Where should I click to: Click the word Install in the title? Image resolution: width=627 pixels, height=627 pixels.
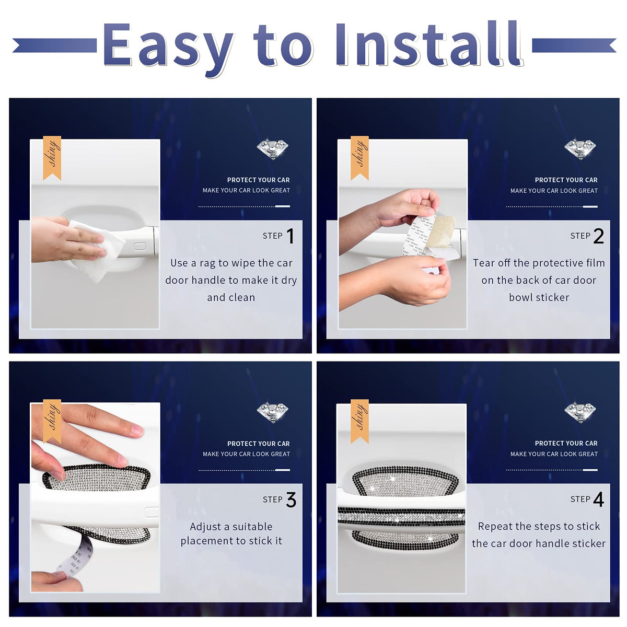tap(429, 44)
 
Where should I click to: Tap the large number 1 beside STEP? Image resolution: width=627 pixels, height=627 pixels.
tap(290, 236)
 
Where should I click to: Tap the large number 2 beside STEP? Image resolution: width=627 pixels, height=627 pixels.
tap(598, 236)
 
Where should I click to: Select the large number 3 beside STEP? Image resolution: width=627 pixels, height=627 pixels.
tap(291, 500)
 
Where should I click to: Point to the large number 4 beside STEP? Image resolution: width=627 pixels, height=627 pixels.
tap(598, 500)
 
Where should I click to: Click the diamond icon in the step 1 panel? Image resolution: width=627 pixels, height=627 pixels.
tap(273, 149)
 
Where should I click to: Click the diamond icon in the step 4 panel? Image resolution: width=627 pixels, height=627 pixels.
tap(580, 413)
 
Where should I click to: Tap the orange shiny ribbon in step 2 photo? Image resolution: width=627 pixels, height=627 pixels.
tap(359, 158)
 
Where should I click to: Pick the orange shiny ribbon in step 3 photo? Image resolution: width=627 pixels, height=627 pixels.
tap(52, 421)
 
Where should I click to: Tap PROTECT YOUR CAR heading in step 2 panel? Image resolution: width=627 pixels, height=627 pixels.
tap(566, 180)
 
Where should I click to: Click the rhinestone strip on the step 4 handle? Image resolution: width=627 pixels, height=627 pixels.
tap(401, 517)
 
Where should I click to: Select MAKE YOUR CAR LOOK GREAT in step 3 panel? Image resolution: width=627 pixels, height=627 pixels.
tap(246, 454)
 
